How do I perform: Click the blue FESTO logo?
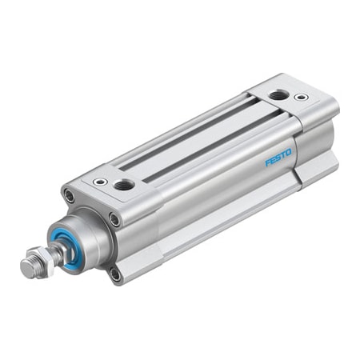(278, 158)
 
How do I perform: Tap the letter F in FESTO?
(267, 162)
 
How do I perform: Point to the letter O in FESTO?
(289, 153)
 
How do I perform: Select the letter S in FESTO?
(278, 158)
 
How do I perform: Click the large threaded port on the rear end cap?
(278, 94)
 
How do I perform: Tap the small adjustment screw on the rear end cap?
(301, 97)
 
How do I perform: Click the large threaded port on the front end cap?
(124, 185)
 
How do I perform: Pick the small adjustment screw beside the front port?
(100, 182)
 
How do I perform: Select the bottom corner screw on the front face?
(116, 275)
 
